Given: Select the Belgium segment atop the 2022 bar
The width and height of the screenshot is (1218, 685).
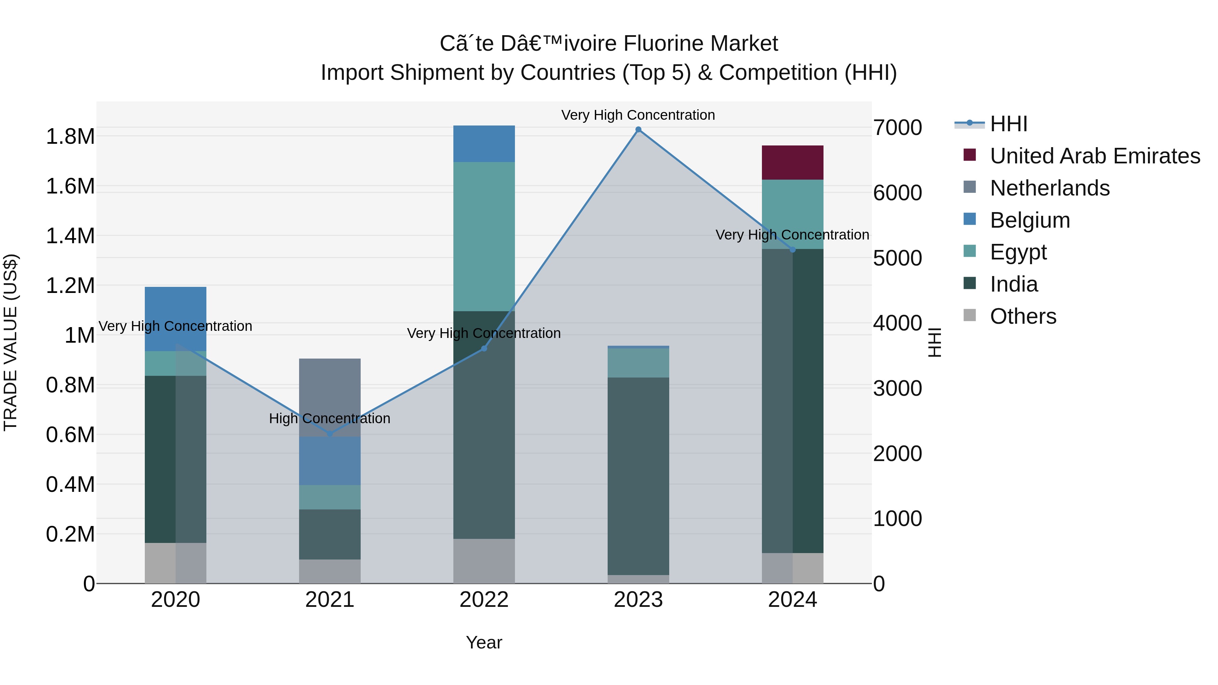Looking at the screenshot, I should (484, 144).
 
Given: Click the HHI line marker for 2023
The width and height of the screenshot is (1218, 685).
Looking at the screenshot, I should (638, 130).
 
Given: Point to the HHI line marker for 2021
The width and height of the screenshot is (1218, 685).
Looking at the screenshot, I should (330, 434).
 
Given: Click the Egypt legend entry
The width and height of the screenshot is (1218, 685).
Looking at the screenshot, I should (1018, 252).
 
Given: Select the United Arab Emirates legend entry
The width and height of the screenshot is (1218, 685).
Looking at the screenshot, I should (1095, 156).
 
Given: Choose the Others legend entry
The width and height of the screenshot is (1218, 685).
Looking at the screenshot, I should (1023, 316).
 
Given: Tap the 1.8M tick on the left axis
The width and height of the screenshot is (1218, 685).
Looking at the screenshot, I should (70, 137).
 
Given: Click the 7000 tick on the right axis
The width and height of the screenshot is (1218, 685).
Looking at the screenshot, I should (897, 128).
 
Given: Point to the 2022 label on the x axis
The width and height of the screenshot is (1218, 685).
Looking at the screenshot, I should (484, 600).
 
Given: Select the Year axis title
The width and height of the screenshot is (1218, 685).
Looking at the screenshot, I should (484, 642).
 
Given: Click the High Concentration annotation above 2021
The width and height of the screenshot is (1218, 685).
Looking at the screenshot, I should (330, 418).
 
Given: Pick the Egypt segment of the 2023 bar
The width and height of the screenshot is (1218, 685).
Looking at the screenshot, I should (638, 363).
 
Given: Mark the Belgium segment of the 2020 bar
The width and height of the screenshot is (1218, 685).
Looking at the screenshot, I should (175, 319).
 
